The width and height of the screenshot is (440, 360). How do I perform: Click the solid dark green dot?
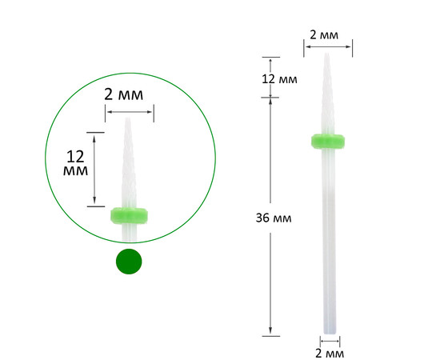(x=129, y=262)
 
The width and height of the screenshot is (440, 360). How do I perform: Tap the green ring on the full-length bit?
(x=328, y=141)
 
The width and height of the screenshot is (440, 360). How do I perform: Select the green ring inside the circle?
(x=129, y=215)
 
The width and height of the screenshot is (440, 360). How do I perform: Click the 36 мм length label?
(x=274, y=218)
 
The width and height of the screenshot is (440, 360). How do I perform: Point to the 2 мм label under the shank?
(x=330, y=354)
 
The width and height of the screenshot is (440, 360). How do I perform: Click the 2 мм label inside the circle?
(x=123, y=94)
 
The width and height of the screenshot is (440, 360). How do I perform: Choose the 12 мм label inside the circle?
(x=75, y=163)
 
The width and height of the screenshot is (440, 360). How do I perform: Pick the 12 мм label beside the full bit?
(x=279, y=79)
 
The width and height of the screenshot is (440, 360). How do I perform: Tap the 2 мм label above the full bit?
(x=324, y=35)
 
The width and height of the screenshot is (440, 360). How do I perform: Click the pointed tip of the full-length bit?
(x=326, y=54)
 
